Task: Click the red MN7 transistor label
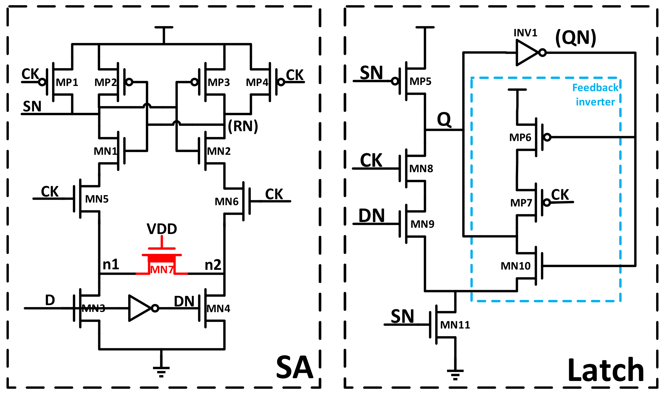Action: (162, 270)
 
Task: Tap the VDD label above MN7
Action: (162, 229)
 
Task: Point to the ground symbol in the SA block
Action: (161, 371)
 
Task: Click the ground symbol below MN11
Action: (455, 374)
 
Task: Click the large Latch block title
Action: (605, 370)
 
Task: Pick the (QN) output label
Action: (575, 38)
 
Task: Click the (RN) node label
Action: (243, 126)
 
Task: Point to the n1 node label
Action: (111, 264)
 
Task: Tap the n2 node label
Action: (213, 265)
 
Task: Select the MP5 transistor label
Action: (420, 81)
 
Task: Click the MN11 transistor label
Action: (455, 325)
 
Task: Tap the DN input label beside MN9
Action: (371, 216)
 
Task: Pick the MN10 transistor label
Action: (515, 266)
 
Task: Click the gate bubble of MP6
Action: (547, 137)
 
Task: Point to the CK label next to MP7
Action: (560, 195)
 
